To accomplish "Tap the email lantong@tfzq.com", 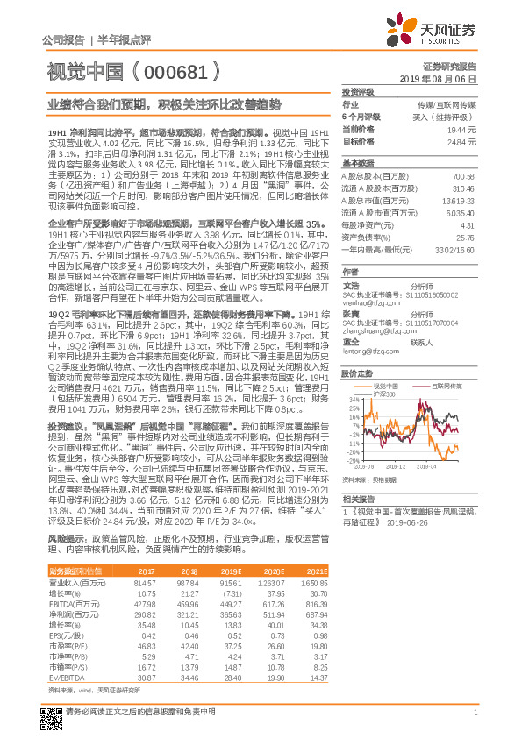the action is point(361,351).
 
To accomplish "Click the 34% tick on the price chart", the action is point(349,396).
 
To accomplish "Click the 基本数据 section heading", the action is point(357,164).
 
